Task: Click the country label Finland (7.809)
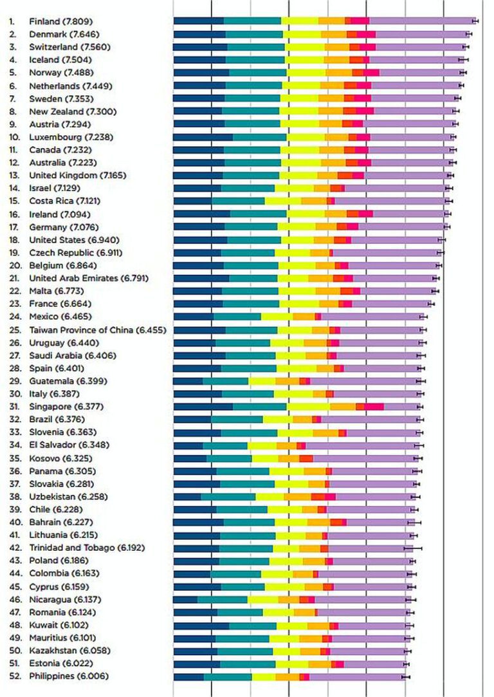(x=64, y=21)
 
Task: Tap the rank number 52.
(x=14, y=676)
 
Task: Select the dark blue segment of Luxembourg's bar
(x=203, y=136)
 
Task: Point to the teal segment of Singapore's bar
(x=260, y=407)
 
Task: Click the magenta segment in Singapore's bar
(x=374, y=407)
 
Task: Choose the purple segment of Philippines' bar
(x=357, y=676)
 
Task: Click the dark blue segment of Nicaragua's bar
(x=185, y=599)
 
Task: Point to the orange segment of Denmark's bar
(x=334, y=33)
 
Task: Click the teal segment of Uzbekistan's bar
(x=228, y=496)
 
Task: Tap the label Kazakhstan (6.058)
(x=68, y=651)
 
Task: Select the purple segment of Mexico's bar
(x=372, y=317)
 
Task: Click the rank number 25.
(x=14, y=330)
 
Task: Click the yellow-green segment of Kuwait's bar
(x=292, y=625)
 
